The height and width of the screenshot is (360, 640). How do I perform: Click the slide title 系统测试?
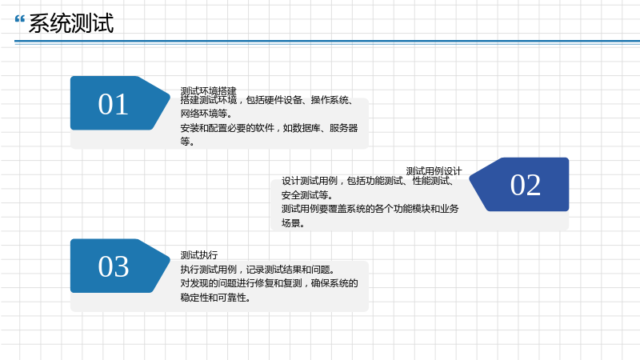pos(71,23)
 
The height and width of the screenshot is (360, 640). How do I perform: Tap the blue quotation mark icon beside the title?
pos(19,19)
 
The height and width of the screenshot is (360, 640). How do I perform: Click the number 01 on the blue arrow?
pos(113,104)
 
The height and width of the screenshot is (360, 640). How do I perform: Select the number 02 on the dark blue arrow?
pos(526,185)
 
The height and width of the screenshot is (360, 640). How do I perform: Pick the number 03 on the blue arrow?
pos(113,266)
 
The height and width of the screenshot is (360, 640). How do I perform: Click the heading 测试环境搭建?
pos(208,90)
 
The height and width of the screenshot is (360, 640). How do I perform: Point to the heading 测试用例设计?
pos(434,171)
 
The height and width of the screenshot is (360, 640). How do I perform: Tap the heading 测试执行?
pos(199,255)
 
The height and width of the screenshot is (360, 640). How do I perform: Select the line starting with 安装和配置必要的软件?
pos(269,128)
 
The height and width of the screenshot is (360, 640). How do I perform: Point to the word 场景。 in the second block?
pos(293,223)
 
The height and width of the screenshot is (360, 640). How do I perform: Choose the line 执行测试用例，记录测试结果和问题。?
pos(258,270)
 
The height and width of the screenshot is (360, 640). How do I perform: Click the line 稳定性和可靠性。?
pos(215,298)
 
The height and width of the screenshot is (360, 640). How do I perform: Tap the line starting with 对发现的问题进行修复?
pos(269,283)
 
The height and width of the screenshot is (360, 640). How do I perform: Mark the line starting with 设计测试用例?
pos(368,181)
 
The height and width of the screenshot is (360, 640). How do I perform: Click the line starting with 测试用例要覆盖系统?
pos(370,209)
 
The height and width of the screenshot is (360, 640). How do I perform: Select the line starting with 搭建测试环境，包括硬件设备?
pos(267,100)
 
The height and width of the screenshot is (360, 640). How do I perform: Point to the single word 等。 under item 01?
pos(187,142)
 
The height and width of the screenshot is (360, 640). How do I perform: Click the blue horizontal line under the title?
pos(327,42)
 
